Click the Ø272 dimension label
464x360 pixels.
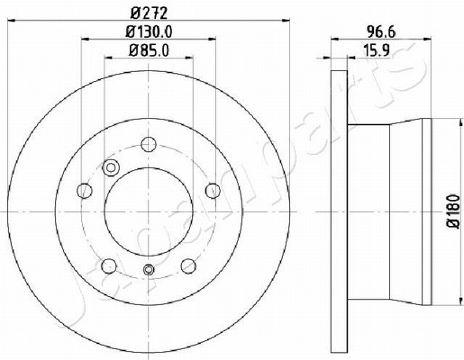click(x=149, y=13)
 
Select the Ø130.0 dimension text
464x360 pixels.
click(x=149, y=31)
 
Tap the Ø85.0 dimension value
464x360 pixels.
click(x=149, y=50)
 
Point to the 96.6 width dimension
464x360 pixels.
click(x=381, y=31)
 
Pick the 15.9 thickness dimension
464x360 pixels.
click(x=377, y=50)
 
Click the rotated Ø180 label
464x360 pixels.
click(x=453, y=211)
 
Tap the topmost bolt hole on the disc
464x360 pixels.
click(x=149, y=144)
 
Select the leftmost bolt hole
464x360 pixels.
click(x=85, y=190)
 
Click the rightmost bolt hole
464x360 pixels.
click(x=213, y=190)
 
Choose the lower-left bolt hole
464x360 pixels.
click(x=109, y=265)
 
